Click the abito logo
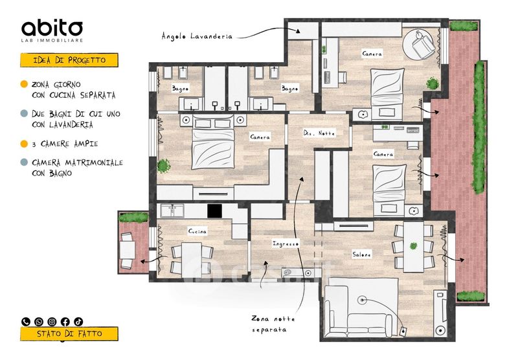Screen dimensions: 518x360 click(x=52, y=30)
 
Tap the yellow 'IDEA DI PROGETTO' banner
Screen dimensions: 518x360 click(x=69, y=60)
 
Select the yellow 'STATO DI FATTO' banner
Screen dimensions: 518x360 click(x=69, y=333)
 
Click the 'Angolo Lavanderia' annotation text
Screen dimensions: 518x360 click(x=197, y=36)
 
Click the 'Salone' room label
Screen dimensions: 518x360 click(x=362, y=254)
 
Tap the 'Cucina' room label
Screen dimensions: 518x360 click(x=197, y=231)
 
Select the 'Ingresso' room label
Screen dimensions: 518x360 click(x=286, y=243)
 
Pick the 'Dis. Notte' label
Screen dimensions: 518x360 click(x=319, y=133)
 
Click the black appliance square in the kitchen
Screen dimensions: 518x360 click(x=214, y=210)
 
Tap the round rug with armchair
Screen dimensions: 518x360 click(x=420, y=45)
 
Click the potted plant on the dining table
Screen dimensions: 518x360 click(x=413, y=246)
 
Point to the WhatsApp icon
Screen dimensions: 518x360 click(x=39, y=321)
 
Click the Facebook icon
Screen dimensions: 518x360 click(x=65, y=321)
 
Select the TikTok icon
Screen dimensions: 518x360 click(x=78, y=321)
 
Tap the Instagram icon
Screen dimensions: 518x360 click(x=52, y=321)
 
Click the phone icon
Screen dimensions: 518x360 click(x=25, y=321)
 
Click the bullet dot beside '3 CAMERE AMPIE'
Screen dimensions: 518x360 click(x=24, y=144)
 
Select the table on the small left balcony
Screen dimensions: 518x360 click(x=127, y=250)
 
